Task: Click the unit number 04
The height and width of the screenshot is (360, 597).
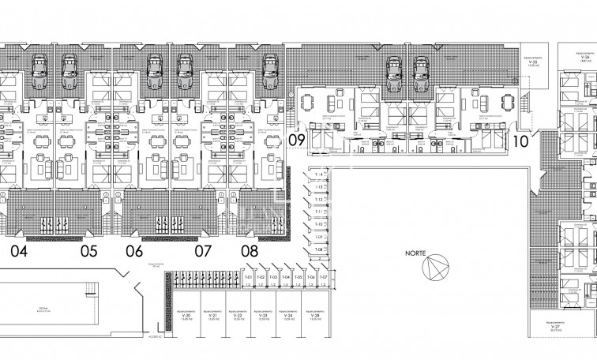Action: (x=20, y=252)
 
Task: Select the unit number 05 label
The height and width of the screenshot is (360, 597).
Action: (x=88, y=252)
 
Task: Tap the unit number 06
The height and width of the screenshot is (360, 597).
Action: (x=134, y=252)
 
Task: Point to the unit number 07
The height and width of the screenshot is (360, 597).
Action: (x=204, y=252)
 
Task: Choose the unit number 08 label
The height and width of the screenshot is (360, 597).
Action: (x=250, y=252)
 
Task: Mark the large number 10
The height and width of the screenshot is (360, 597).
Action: (x=520, y=142)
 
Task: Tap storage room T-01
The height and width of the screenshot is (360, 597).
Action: (x=247, y=278)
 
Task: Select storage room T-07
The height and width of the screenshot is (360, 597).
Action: (x=322, y=278)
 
